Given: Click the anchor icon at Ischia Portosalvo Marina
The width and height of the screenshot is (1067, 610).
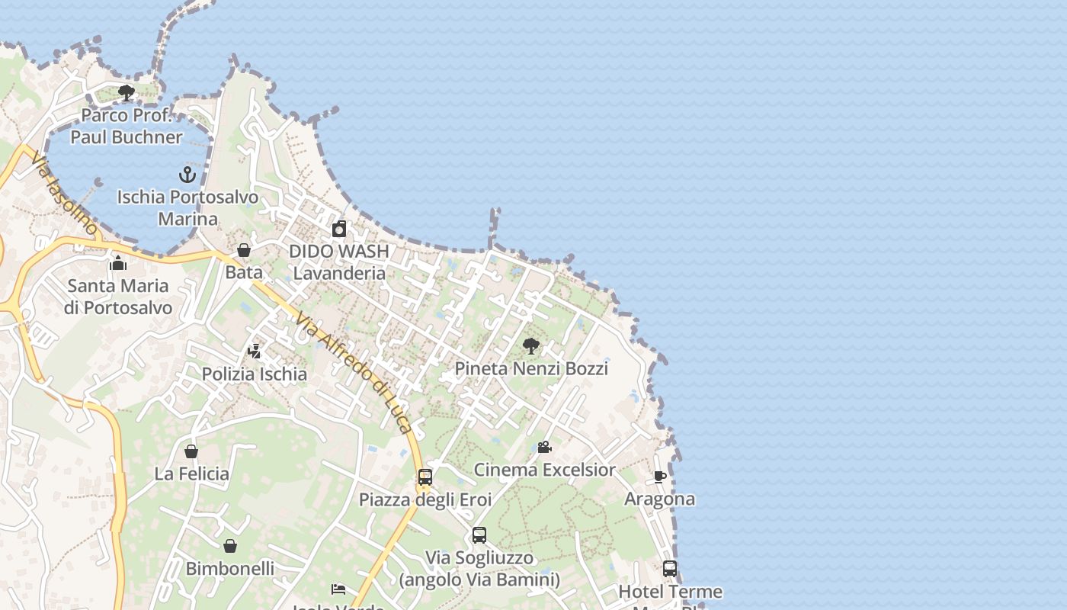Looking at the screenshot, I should coord(187,175).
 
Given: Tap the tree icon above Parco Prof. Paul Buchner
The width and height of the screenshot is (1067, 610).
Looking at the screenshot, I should coord(127,94).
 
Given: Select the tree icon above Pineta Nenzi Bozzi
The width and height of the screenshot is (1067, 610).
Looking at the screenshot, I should coord(531,347).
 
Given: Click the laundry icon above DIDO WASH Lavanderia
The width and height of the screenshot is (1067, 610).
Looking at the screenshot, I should coord(339,229).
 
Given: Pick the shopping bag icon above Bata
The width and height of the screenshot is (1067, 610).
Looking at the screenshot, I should coord(244,250).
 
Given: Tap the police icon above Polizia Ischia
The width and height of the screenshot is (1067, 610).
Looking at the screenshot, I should coord(255,352).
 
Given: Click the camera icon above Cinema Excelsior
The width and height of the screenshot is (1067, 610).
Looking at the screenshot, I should coord(544,448).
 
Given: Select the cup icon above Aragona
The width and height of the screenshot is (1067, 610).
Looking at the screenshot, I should coord(660,477).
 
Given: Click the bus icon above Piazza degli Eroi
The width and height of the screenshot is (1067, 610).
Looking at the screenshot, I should coord(425,477).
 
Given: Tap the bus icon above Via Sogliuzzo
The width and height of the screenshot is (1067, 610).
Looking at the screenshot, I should coord(479,535).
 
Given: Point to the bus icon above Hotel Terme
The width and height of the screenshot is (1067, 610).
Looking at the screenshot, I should coord(670,569).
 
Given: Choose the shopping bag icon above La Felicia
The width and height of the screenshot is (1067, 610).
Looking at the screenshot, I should coord(191,451).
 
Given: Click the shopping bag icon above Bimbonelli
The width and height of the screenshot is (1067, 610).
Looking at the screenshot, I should coord(230,546).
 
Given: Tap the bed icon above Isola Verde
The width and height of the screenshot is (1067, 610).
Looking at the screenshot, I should coord(338,589).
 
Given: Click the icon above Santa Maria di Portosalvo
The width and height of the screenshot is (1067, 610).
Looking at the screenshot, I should coord(118,264).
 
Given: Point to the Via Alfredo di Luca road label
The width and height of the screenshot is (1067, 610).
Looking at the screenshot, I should coord(354,373).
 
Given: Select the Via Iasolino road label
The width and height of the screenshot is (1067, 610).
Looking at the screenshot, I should coord(64,193).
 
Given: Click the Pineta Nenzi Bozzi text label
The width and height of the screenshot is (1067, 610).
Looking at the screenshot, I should coord(531,369).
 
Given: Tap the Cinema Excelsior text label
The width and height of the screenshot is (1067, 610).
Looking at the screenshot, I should coord(544,470).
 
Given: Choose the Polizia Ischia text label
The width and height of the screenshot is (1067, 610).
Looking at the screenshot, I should coord(255,374).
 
